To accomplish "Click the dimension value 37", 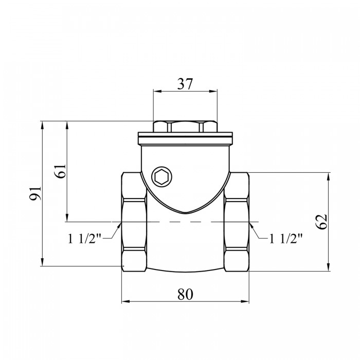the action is coord(185,84).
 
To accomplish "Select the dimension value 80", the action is coord(185,294).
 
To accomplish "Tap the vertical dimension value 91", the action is coord(35,193).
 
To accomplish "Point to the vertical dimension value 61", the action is coord(61,171).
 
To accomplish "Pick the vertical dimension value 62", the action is coord(321,222).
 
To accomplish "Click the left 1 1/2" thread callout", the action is coord(84,238).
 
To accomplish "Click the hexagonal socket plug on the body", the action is coord(161,177).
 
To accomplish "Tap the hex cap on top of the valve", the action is coord(185,127).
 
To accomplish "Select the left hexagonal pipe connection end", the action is coord(134,222).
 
